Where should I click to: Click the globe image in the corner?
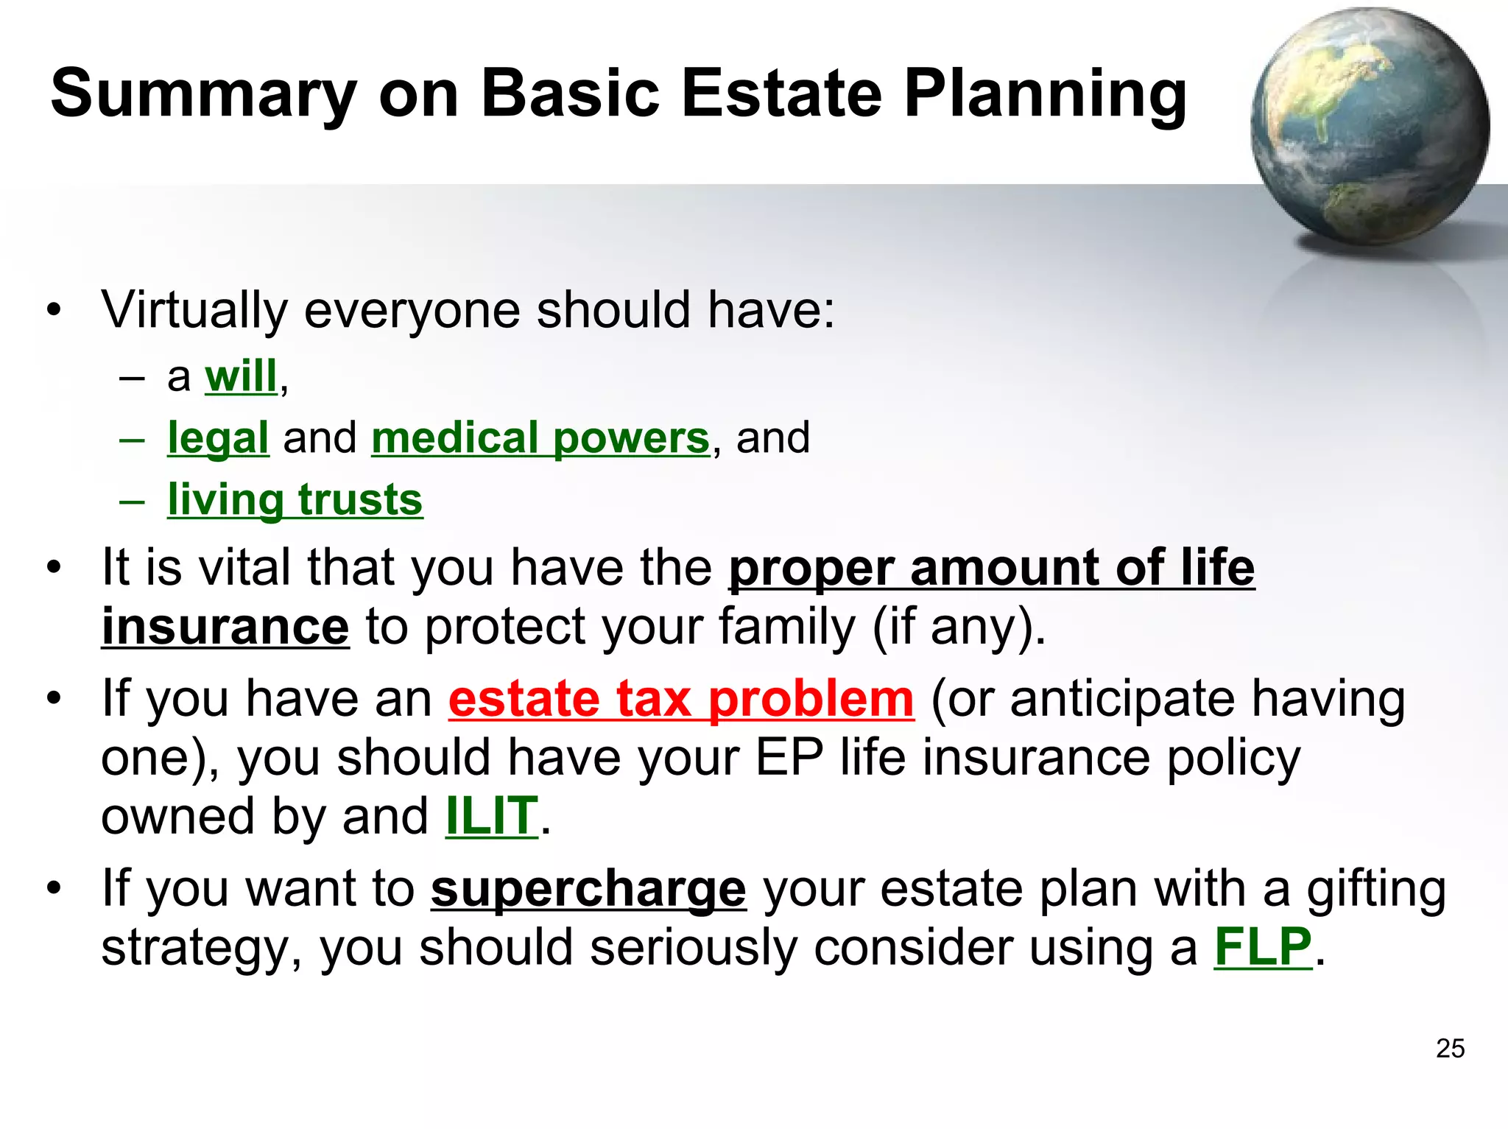point(1370,127)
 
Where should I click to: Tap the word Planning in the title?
point(1045,94)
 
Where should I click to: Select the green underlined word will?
point(241,376)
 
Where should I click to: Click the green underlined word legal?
point(218,438)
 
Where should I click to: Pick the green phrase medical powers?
point(540,438)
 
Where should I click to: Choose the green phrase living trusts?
point(295,500)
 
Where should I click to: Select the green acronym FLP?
point(1263,947)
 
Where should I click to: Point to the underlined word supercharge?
point(588,889)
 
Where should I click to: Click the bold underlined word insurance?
point(225,627)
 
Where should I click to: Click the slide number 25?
point(1450,1048)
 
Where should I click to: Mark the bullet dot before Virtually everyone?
point(53,310)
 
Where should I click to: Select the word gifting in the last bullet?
point(1376,889)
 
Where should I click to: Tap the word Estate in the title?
point(781,94)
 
